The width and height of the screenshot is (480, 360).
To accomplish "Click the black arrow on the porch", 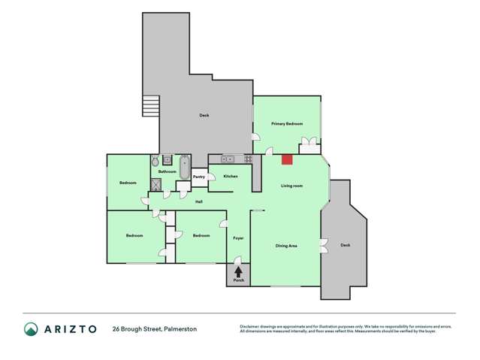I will (238, 271).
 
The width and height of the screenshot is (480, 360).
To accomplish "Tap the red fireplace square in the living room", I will (287, 159).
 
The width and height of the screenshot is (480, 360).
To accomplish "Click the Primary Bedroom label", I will (287, 123).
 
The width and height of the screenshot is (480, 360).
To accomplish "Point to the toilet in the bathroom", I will (155, 161).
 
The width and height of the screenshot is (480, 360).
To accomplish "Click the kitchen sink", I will (226, 159).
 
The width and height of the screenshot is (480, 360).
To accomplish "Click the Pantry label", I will (199, 177).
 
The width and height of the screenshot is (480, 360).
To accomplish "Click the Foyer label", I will (238, 238).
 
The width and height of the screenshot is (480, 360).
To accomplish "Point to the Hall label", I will (198, 201).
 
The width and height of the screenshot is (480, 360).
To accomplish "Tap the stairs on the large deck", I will (152, 106).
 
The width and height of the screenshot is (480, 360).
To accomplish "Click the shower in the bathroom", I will (157, 183).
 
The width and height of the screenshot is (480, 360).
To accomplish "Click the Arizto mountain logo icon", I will (32, 328).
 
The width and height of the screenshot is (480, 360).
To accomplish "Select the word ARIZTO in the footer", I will (71, 328).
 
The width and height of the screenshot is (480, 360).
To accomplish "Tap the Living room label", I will (291, 185).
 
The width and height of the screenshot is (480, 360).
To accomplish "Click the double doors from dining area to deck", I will (322, 245).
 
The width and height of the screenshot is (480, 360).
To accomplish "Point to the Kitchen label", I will (231, 176).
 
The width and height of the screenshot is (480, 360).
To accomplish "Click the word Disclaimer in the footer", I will (250, 326).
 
